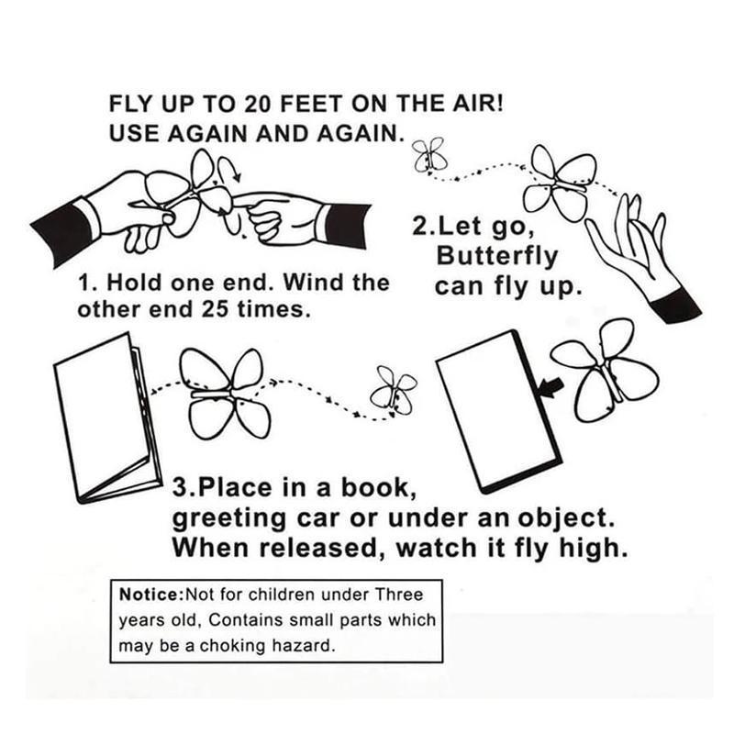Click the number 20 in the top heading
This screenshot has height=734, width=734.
257,104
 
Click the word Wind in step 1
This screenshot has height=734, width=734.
313,283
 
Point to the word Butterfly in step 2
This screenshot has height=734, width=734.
497,257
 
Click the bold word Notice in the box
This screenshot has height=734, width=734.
150,595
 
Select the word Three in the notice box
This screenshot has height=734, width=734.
399,595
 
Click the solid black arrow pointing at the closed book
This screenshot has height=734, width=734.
551,388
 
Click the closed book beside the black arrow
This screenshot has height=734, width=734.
498,412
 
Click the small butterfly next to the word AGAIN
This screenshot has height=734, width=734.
429,155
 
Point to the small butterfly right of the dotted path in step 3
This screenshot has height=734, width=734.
394,390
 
